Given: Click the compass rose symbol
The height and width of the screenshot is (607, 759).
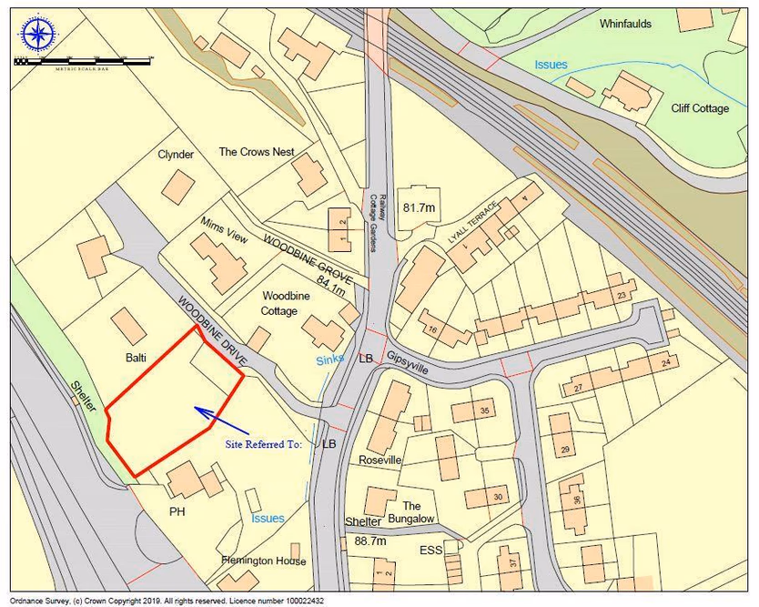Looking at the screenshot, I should tap(37, 35).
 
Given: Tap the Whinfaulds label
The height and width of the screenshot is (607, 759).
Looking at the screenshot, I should tap(625, 24).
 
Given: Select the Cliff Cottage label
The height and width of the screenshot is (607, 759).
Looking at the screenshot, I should tap(699, 108).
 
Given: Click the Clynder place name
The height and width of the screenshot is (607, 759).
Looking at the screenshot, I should tap(176, 155).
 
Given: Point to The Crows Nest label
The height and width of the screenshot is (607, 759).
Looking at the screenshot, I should tap(257, 152).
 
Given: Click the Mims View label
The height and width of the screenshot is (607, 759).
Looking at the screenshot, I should tap(224, 232).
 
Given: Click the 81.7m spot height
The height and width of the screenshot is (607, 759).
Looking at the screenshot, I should tap(420, 207).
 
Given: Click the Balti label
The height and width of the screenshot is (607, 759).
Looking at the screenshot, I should tap(136, 358).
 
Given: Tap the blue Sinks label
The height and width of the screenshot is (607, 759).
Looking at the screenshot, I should tap(330, 360).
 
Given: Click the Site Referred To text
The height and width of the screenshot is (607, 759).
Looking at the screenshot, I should tap(263, 445).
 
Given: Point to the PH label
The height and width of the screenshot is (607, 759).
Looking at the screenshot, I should tap(177, 511).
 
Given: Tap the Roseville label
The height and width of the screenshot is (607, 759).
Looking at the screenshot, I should tap(379, 460).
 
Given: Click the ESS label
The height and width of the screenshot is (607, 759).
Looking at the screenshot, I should tap(430, 551).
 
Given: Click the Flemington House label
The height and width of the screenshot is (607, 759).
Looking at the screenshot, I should tap(264, 561).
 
